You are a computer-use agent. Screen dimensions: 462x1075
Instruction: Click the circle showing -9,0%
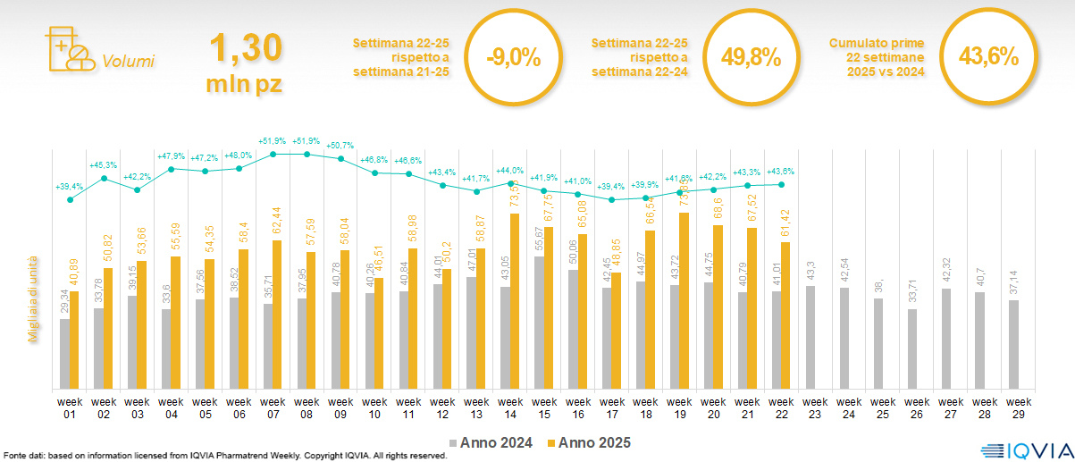pyautogui.click(x=513, y=58)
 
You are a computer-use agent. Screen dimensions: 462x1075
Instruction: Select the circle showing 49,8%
pyautogui.click(x=751, y=58)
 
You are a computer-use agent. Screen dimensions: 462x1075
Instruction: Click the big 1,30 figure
pyautogui.click(x=247, y=46)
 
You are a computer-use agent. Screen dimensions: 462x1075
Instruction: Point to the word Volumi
pyautogui.click(x=129, y=62)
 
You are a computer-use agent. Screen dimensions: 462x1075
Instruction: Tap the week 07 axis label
pyautogui.click(x=273, y=407)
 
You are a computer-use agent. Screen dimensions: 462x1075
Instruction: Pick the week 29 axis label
pyautogui.click(x=1014, y=407)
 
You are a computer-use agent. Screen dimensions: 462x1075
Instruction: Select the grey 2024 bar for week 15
pyautogui.click(x=539, y=323)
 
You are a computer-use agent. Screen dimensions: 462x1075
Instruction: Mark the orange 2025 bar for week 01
pyautogui.click(x=75, y=340)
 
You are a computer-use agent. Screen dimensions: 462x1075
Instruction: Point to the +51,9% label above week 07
pyautogui.click(x=273, y=141)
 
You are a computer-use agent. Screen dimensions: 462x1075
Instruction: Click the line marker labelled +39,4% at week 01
pyautogui.click(x=71, y=199)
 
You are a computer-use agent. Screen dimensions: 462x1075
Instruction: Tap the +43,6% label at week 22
pyautogui.click(x=780, y=172)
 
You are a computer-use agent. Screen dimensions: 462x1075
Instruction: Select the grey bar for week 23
pyautogui.click(x=810, y=337)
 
